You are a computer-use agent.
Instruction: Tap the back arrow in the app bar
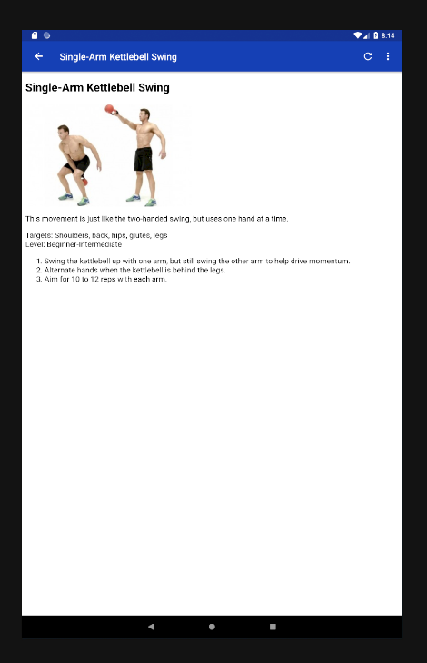pos(39,56)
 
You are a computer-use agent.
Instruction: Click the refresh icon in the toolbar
pos(368,56)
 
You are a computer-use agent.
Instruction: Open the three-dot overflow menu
pos(388,56)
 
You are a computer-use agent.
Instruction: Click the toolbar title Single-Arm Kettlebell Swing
pos(118,57)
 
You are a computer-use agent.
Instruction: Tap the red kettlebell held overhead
pos(110,109)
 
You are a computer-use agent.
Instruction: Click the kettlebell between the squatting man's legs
pos(84,182)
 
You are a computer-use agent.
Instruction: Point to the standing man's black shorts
pos(143,159)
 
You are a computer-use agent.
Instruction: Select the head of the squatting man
pos(64,132)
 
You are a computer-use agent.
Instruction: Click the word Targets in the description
pos(38,235)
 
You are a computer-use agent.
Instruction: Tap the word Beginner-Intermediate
pos(84,244)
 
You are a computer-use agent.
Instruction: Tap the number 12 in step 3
pos(94,279)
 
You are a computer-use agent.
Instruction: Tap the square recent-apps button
pos(273,627)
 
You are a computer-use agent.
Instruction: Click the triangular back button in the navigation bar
pos(151,627)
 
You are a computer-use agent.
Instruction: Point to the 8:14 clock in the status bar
pos(388,35)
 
